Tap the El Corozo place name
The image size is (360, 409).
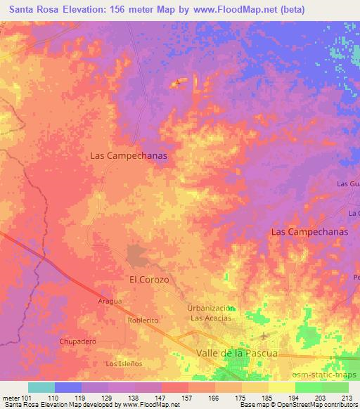coord(149,279)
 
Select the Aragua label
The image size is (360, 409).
coord(109,301)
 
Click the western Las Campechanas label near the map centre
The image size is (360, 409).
coord(129,157)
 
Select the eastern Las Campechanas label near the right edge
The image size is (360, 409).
coord(309,231)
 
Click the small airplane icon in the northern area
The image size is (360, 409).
coord(178,83)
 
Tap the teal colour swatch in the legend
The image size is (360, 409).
coord(41,387)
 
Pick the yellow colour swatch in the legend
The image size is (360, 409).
coord(282,387)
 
